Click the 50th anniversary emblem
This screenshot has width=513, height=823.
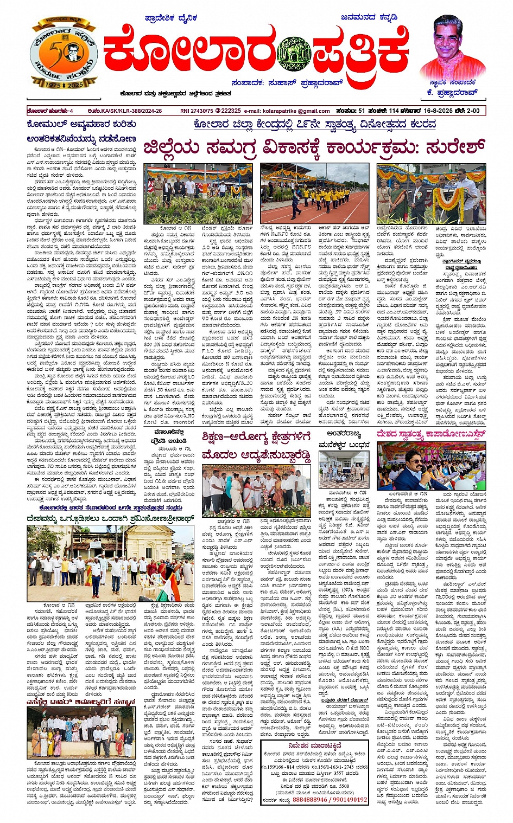tap(64, 57)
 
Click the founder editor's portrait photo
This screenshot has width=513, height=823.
tap(454, 49)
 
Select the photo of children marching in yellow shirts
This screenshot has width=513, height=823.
tap(316, 193)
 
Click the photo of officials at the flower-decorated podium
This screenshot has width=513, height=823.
tap(431, 193)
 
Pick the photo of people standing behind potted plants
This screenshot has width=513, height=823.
tap(198, 193)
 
